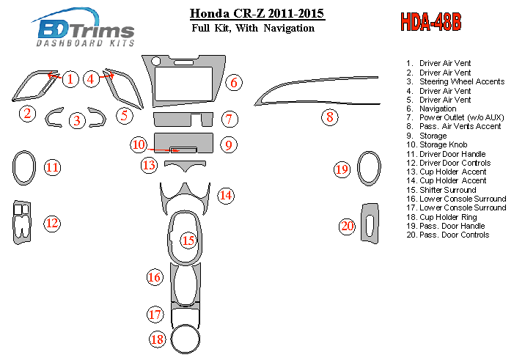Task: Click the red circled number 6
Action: [233, 82]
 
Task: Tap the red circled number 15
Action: [188, 240]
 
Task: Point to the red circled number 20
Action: [347, 226]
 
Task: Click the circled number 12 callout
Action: [51, 222]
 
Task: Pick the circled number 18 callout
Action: [157, 339]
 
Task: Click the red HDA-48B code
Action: [430, 22]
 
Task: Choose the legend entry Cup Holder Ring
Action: [447, 217]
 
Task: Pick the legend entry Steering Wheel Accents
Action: [461, 81]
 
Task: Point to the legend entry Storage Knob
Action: [443, 145]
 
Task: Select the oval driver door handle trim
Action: [23, 167]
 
